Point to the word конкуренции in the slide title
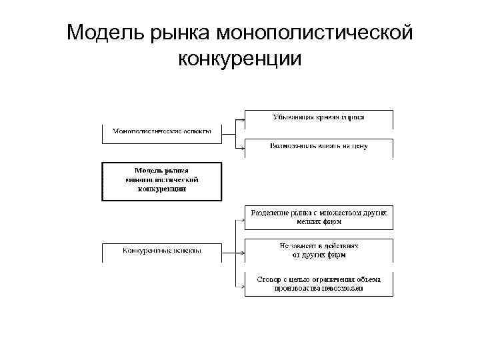click(x=240, y=59)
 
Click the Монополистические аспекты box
click(x=161, y=132)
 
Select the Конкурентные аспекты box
click(x=161, y=251)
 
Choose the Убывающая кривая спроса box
click(x=319, y=118)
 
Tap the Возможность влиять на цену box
click(x=319, y=146)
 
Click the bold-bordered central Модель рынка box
click(x=161, y=181)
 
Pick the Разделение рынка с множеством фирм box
click(x=319, y=217)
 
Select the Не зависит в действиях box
click(x=319, y=250)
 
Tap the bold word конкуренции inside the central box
click(x=162, y=189)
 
